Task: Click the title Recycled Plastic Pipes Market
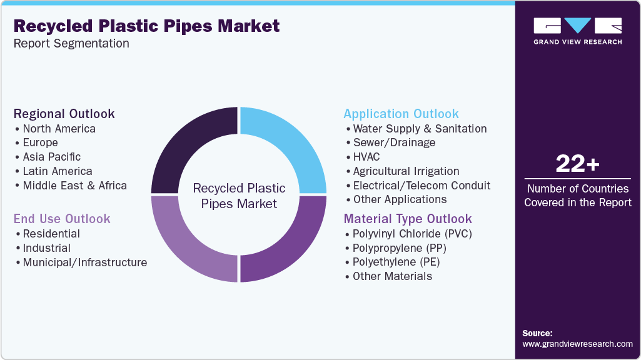pos(146,26)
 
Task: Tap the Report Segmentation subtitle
pos(71,44)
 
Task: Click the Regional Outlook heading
pos(64,114)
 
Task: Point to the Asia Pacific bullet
pos(52,157)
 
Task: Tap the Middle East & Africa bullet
pos(74,186)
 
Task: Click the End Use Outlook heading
pos(62,219)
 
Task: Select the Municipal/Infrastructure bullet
pos(85,262)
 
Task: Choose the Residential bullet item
pos(51,234)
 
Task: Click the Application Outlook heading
pos(401,114)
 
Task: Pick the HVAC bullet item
pos(366,157)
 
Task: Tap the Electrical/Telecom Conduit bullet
pos(421,186)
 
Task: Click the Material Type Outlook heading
pos(408,219)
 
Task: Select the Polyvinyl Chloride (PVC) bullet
pos(412,234)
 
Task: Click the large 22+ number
pos(577,164)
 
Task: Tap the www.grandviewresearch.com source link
pos(577,344)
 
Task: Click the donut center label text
pos(239,196)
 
